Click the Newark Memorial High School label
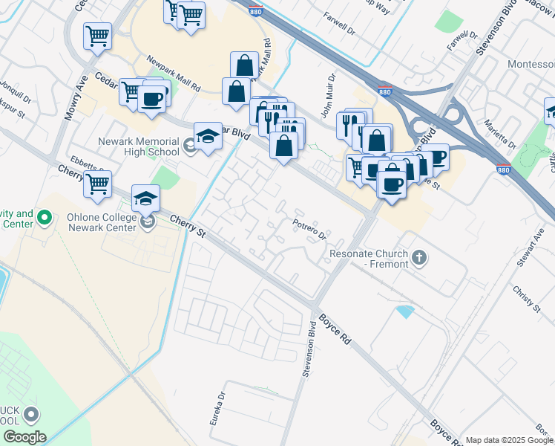138,146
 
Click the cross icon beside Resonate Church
419,258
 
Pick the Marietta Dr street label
499,132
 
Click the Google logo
24,437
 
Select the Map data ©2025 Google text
509,440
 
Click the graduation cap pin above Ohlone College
146,198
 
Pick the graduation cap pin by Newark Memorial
208,135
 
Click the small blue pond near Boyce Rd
405,311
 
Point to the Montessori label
531,65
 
